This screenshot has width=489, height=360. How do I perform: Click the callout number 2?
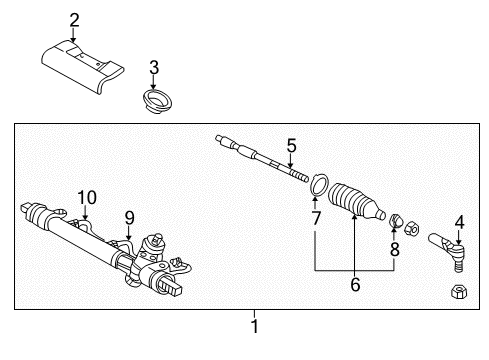tap(74, 20)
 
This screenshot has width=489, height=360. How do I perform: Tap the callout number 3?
tap(154, 67)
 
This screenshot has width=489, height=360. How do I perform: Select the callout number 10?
tap(87, 198)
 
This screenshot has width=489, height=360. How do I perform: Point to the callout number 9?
tap(129, 218)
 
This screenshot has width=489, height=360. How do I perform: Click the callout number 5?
tap(291, 146)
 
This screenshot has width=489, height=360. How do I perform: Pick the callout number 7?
tap(316, 218)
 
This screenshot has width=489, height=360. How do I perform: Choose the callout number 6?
tap(355, 284)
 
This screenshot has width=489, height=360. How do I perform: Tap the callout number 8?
tap(395, 249)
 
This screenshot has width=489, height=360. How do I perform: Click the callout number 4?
tap(459, 222)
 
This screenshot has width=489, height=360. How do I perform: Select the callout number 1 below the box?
tap(255, 326)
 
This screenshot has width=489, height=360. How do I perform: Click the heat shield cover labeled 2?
tap(82, 67)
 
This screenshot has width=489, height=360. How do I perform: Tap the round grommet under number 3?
tap(155, 101)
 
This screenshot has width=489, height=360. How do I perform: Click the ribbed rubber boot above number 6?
tap(356, 202)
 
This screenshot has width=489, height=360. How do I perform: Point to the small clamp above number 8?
tap(396, 220)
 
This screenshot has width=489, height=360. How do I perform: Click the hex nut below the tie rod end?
tap(459, 292)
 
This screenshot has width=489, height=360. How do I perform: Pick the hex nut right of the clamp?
tap(412, 228)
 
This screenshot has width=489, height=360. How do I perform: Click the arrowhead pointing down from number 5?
tap(290, 165)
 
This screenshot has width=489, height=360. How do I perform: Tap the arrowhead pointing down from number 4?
tap(459, 242)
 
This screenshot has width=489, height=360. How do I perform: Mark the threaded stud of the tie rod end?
tap(458, 265)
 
